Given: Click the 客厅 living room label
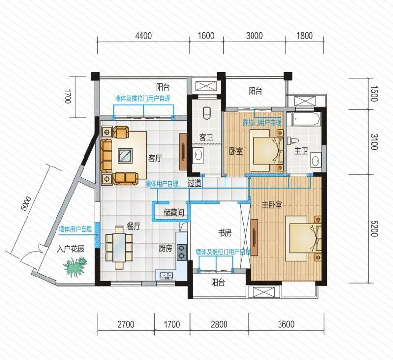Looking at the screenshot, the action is pyautogui.click(x=155, y=158).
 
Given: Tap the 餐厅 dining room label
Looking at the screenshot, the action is pyautogui.click(x=134, y=227).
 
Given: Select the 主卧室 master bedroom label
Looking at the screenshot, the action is pyautogui.click(x=272, y=205).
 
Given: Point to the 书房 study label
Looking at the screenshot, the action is pyautogui.click(x=225, y=233).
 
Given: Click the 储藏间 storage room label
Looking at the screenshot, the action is pyautogui.click(x=174, y=213).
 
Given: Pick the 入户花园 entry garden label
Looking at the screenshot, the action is pyautogui.click(x=71, y=249).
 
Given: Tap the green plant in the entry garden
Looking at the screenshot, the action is pyautogui.click(x=75, y=268).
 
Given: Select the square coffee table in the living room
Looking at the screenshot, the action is pyautogui.click(x=126, y=156).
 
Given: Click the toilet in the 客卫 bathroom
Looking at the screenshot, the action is pyautogui.click(x=207, y=113).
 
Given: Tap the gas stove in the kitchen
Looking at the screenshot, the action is pyautogui.click(x=182, y=252).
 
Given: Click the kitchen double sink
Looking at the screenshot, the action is pyautogui.click(x=166, y=276).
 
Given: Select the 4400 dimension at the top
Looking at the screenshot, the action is pyautogui.click(x=143, y=36).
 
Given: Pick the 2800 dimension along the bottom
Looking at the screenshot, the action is pyautogui.click(x=219, y=325).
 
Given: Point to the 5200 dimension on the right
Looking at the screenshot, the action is pyautogui.click(x=373, y=228).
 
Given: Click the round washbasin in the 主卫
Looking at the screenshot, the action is pyautogui.click(x=315, y=160).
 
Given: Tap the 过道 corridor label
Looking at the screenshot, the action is pyautogui.click(x=195, y=183).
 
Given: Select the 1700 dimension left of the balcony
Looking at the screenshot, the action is pyautogui.click(x=68, y=97).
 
